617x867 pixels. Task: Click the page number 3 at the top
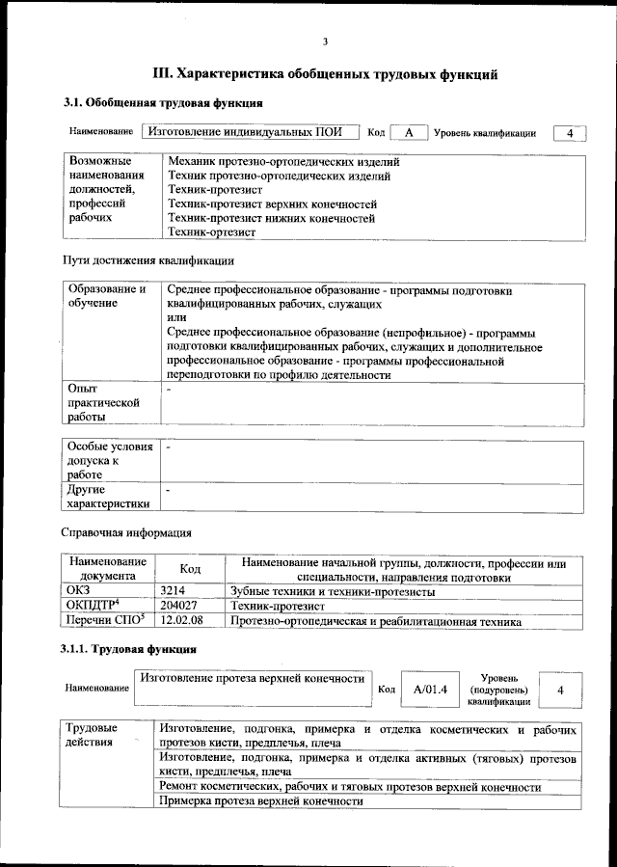click(x=325, y=41)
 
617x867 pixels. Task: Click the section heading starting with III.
click(x=325, y=73)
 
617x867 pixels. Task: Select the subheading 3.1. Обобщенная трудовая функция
click(x=164, y=102)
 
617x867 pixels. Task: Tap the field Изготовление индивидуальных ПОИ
click(x=249, y=133)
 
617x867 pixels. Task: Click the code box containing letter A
click(x=409, y=133)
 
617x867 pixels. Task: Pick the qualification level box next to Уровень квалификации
click(x=570, y=133)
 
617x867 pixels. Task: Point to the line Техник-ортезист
click(x=211, y=232)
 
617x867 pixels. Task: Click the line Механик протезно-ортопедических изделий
click(x=282, y=162)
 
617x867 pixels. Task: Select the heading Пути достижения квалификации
click(x=148, y=260)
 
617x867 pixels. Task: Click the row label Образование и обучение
click(x=107, y=297)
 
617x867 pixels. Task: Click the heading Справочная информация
click(x=126, y=532)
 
